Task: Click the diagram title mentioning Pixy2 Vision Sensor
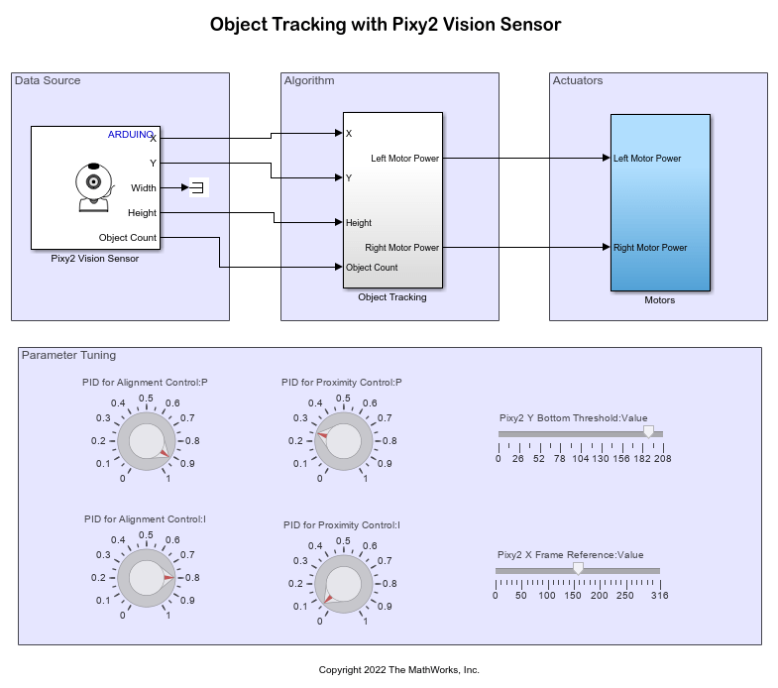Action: pyautogui.click(x=385, y=25)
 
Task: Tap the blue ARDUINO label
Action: pyautogui.click(x=131, y=135)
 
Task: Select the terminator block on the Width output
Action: pyautogui.click(x=198, y=188)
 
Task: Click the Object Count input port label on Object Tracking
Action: pyautogui.click(x=372, y=268)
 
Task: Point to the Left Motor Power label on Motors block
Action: pyautogui.click(x=647, y=158)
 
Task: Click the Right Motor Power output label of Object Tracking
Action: pyautogui.click(x=402, y=248)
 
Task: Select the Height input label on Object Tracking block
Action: pyautogui.click(x=359, y=223)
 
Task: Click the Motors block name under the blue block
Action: pyautogui.click(x=659, y=300)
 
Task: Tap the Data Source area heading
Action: pyautogui.click(x=48, y=80)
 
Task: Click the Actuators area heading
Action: pyautogui.click(x=577, y=80)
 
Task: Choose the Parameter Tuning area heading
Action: pyautogui.click(x=68, y=355)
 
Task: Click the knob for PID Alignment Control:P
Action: pyautogui.click(x=146, y=440)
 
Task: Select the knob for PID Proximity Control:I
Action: pyautogui.click(x=343, y=584)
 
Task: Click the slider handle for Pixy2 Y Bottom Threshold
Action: pyautogui.click(x=649, y=431)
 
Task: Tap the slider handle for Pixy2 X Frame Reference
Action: pyautogui.click(x=578, y=568)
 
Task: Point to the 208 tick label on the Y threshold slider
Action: pyautogui.click(x=662, y=458)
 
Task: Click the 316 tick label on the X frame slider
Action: pyautogui.click(x=659, y=596)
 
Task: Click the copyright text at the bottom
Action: pyautogui.click(x=398, y=670)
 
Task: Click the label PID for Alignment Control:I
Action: pyautogui.click(x=146, y=518)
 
